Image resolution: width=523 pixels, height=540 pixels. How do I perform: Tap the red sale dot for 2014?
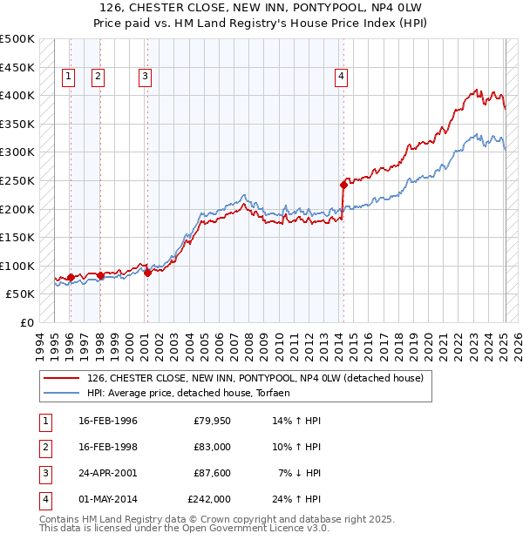pos(344,185)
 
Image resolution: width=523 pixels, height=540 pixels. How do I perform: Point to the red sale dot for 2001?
pos(147,273)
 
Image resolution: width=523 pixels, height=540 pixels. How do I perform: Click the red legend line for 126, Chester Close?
pos(60,379)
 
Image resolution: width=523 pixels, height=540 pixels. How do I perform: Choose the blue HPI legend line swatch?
pos(60,393)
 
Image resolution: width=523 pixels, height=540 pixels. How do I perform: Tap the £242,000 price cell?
pos(209,499)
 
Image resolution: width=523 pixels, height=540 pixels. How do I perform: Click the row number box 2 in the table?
pos(44,447)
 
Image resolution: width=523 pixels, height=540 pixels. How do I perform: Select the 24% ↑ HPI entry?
pos(297,499)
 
